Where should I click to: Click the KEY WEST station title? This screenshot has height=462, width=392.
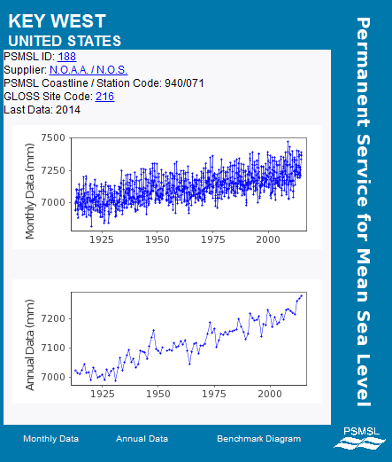click(x=57, y=21)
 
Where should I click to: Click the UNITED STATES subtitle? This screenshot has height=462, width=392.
click(x=65, y=41)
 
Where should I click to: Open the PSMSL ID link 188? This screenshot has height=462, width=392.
click(x=67, y=57)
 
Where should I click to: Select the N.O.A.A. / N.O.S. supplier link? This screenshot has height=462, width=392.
click(x=88, y=70)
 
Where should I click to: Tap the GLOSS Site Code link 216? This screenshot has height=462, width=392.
click(x=104, y=97)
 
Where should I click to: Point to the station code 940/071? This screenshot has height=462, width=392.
click(x=184, y=83)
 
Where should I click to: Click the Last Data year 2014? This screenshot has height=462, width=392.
click(x=68, y=110)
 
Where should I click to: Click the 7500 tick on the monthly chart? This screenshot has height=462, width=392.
click(x=53, y=137)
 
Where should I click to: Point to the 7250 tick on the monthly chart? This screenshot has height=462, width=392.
click(x=53, y=170)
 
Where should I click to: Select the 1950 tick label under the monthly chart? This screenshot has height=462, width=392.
click(x=158, y=239)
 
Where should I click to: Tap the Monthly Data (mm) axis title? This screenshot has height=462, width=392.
click(x=30, y=192)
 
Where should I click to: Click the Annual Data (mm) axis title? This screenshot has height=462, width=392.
click(x=30, y=345)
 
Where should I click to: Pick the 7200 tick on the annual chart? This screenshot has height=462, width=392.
click(x=53, y=318)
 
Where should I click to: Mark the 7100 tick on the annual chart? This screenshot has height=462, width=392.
click(x=53, y=348)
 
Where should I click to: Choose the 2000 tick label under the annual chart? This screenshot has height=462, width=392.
click(x=270, y=394)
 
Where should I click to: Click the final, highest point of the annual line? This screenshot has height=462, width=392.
click(x=301, y=295)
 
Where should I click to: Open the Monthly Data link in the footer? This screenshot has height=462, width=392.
click(x=51, y=439)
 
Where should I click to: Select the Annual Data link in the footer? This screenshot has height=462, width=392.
click(x=142, y=439)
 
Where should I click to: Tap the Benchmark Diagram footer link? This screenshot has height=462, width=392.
click(x=259, y=439)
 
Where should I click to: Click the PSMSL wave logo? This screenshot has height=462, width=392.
click(x=360, y=439)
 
